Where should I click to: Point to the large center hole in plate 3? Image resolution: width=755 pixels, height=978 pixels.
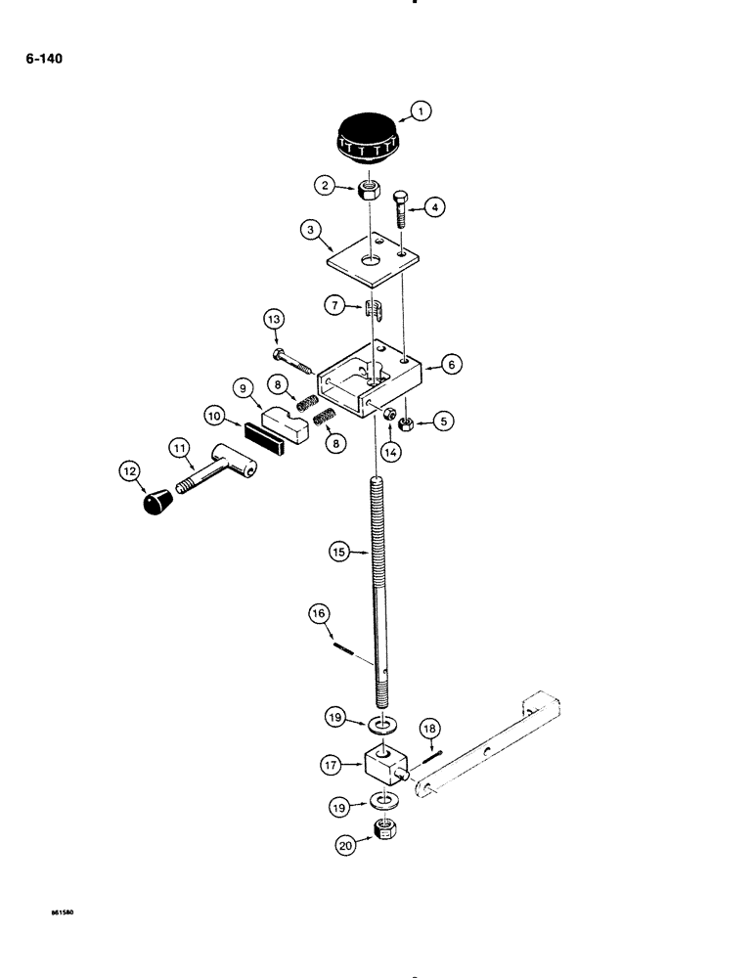pyautogui.click(x=372, y=261)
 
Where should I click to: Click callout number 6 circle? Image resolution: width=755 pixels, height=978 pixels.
pyautogui.click(x=451, y=363)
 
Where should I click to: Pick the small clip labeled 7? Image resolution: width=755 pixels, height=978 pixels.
pyautogui.click(x=372, y=310)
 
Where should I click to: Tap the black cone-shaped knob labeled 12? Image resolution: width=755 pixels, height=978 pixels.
pyautogui.click(x=153, y=504)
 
